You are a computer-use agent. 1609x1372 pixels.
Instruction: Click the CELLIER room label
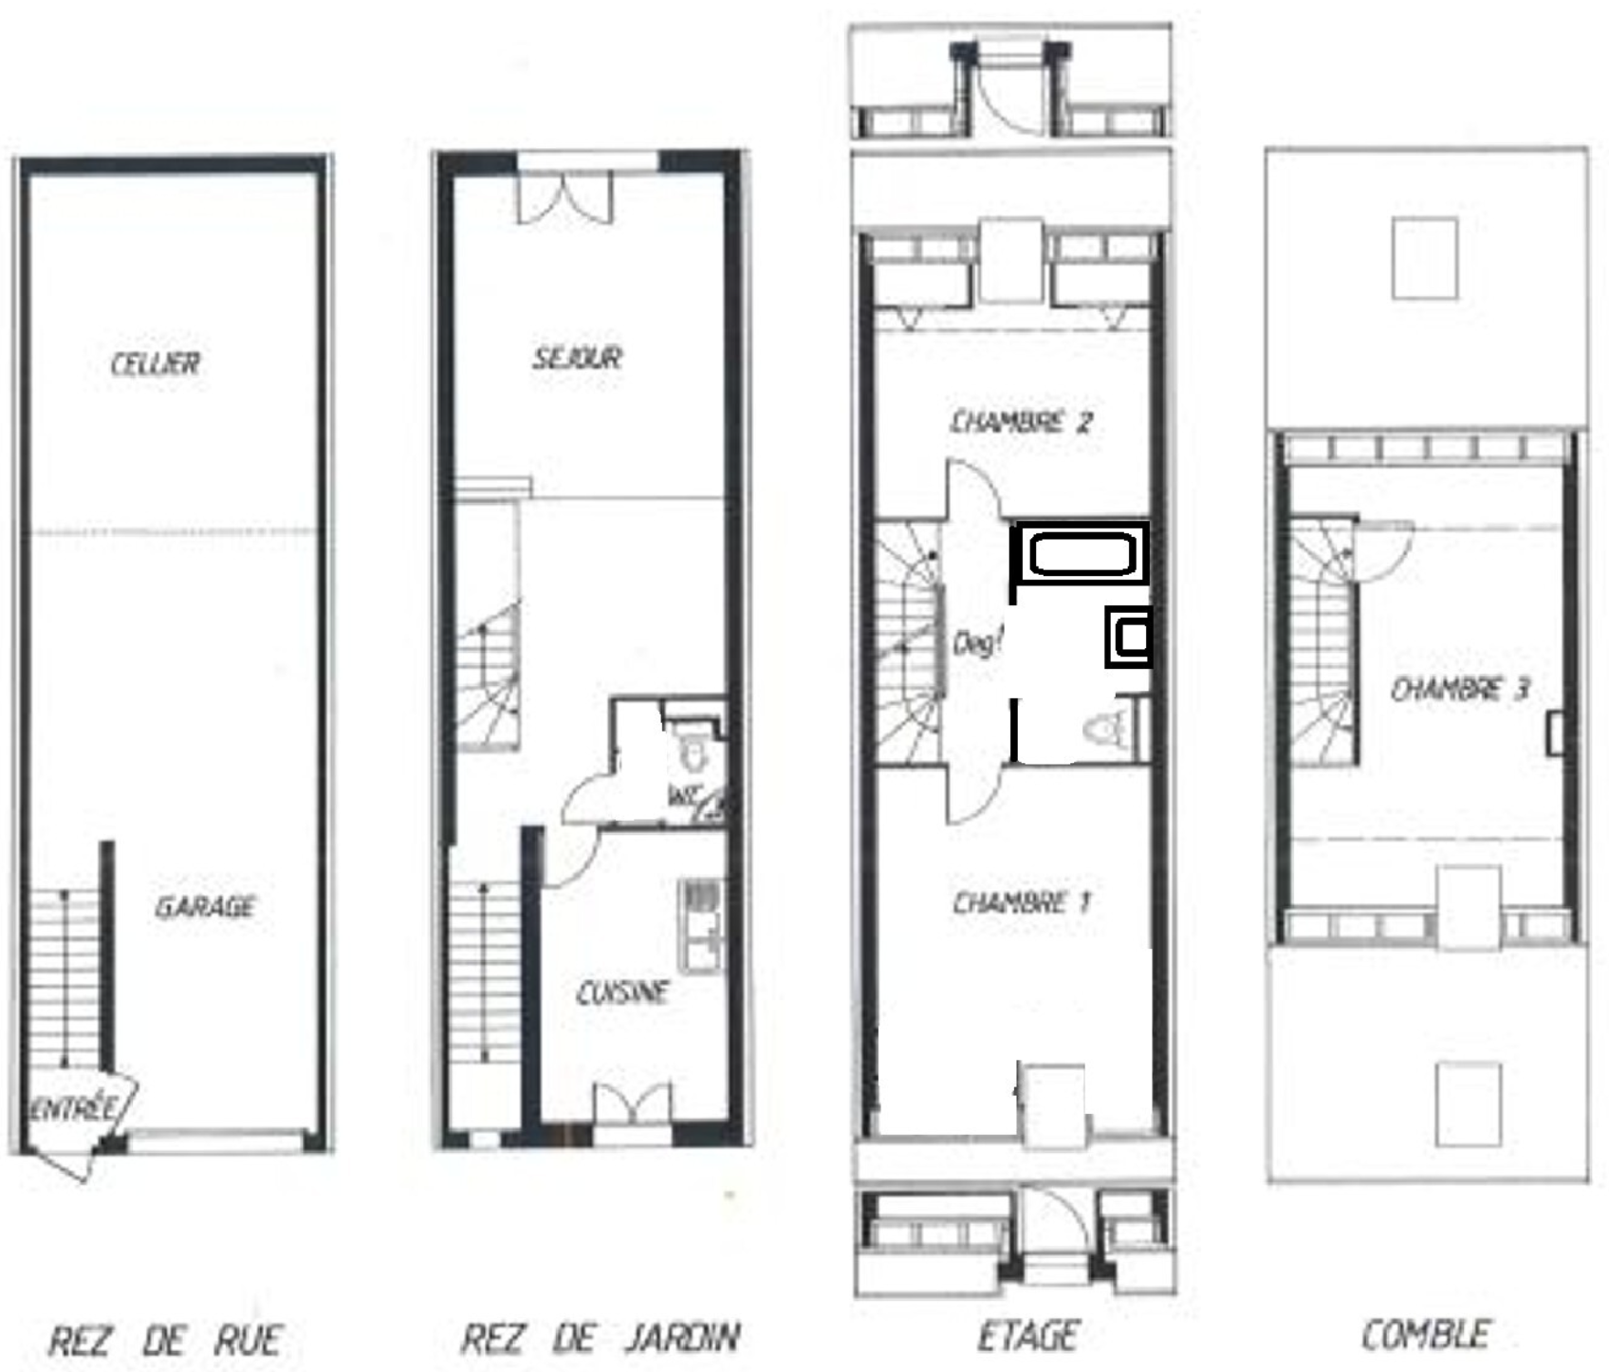click(x=156, y=363)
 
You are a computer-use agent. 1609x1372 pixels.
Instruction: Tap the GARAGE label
click(x=205, y=907)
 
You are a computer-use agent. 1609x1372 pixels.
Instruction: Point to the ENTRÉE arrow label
click(x=73, y=1108)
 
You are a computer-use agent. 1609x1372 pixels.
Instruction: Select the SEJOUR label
click(x=577, y=358)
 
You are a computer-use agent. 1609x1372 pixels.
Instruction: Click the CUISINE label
click(x=623, y=993)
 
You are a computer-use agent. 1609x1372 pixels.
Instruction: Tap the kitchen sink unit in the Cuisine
click(x=701, y=926)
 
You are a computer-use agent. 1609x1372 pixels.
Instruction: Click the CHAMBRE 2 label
click(x=1022, y=421)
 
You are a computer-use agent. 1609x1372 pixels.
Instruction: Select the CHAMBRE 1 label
click(x=1022, y=902)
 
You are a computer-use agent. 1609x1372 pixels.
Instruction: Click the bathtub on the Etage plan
click(x=1082, y=553)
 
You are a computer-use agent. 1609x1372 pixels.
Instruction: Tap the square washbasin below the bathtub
click(x=1129, y=637)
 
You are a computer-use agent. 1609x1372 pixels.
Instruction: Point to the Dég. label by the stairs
click(x=977, y=644)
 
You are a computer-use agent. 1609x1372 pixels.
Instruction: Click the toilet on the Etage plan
click(x=1106, y=729)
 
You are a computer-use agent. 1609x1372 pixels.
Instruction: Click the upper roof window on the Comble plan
click(x=1425, y=258)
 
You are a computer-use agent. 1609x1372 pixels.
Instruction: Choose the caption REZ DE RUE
click(x=165, y=1341)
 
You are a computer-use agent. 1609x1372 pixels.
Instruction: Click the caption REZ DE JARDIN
click(x=600, y=1339)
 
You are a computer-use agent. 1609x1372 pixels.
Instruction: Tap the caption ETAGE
click(x=1027, y=1336)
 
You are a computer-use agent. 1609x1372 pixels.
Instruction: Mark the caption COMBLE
click(x=1426, y=1335)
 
